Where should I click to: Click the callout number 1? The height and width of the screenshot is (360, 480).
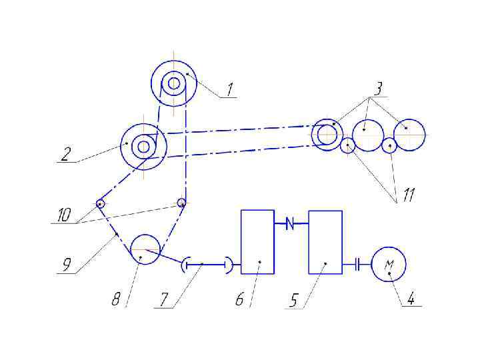pos(229,89)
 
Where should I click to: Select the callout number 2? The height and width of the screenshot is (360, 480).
pos(65,154)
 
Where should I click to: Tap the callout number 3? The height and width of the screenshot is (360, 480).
pos(378,88)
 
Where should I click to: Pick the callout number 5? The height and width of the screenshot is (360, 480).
pos(293,301)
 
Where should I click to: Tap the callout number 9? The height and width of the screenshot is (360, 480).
pos(67,265)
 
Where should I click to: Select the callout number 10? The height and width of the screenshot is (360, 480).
pos(63,215)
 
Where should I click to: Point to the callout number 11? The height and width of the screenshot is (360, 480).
pos(408,195)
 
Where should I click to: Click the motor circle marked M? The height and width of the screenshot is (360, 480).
pos(389,265)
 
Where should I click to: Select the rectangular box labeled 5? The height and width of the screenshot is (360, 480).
pos(325,242)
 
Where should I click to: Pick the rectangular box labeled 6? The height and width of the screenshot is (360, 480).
pos(257,241)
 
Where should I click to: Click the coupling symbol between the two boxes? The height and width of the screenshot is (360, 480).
pos(291,224)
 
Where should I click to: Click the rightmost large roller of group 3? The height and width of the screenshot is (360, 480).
pos(409,135)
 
